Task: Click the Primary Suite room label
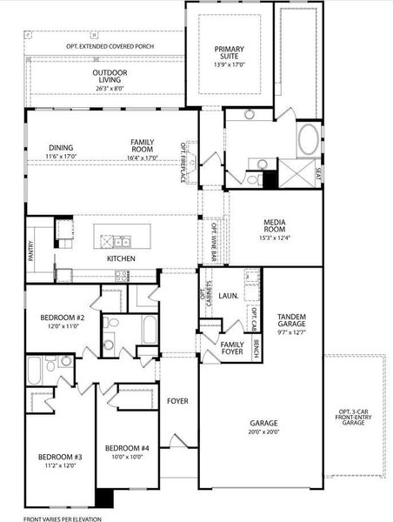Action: pyautogui.click(x=231, y=54)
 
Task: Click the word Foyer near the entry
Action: pyautogui.click(x=178, y=400)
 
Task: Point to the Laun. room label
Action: pyautogui.click(x=229, y=297)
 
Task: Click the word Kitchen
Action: pyautogui.click(x=121, y=259)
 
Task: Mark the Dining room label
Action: pyautogui.click(x=61, y=148)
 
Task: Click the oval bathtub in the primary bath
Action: pyautogui.click(x=308, y=140)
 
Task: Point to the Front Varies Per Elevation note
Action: pyautogui.click(x=62, y=519)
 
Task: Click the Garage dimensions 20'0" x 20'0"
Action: pyautogui.click(x=260, y=432)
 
